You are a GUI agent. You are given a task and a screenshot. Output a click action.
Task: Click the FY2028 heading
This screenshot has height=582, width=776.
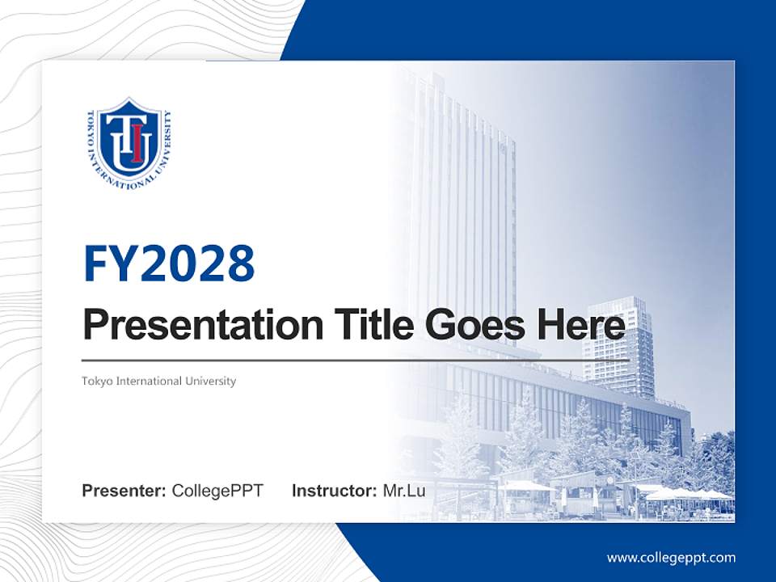tap(169, 263)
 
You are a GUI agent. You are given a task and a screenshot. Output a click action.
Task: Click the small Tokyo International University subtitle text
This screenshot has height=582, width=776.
tap(158, 381)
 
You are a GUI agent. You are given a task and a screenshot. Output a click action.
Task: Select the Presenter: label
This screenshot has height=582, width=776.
tap(124, 491)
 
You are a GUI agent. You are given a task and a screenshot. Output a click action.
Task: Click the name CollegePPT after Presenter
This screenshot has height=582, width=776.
tap(217, 491)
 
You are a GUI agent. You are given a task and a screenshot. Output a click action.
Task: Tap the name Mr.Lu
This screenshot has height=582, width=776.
tap(404, 491)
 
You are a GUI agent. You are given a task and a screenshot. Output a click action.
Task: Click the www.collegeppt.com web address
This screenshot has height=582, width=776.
tap(671, 558)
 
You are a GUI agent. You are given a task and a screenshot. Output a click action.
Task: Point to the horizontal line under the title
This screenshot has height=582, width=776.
tap(356, 361)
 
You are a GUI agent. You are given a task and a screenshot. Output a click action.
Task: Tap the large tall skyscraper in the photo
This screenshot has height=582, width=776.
tap(465, 202)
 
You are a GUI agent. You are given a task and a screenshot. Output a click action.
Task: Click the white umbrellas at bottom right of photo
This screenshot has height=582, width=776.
tap(687, 494)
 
